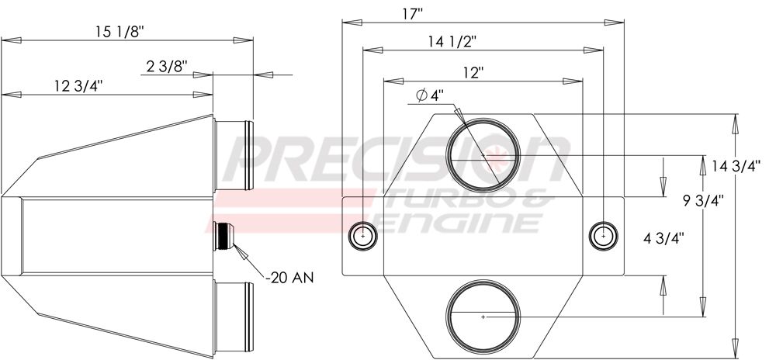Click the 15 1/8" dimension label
click(120, 32)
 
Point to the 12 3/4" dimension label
click(78, 86)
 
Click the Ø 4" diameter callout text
click(430, 96)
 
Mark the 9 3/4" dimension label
click(702, 199)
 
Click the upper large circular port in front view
click(483, 156)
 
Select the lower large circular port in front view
click(483, 317)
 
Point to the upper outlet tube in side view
click(234, 155)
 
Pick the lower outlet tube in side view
click(234, 316)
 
